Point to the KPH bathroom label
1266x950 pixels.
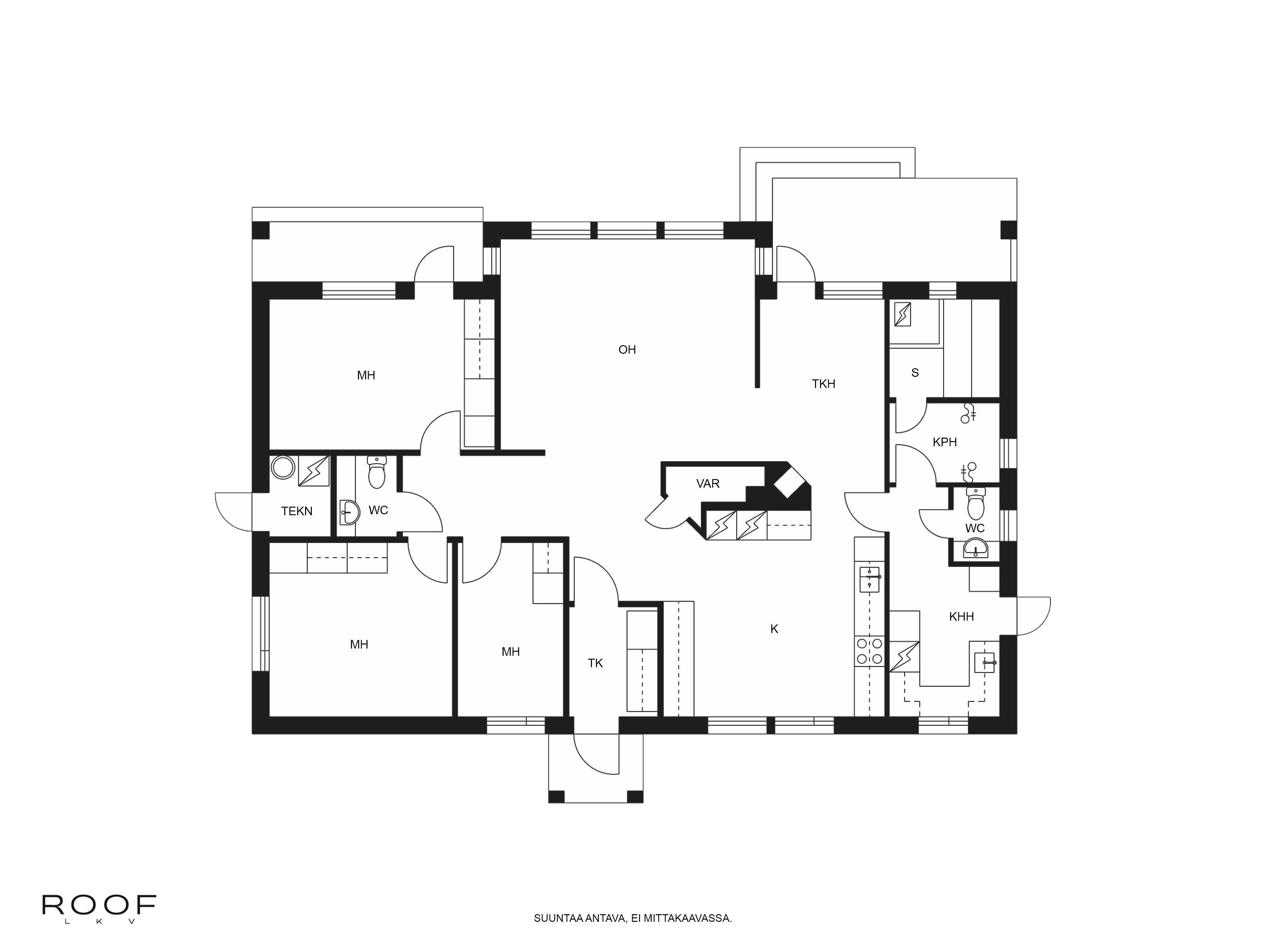point(944,442)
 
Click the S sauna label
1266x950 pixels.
point(915,373)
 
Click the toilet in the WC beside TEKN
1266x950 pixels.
point(376,473)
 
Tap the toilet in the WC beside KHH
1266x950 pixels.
point(975,504)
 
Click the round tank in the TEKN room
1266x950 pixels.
point(283,467)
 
